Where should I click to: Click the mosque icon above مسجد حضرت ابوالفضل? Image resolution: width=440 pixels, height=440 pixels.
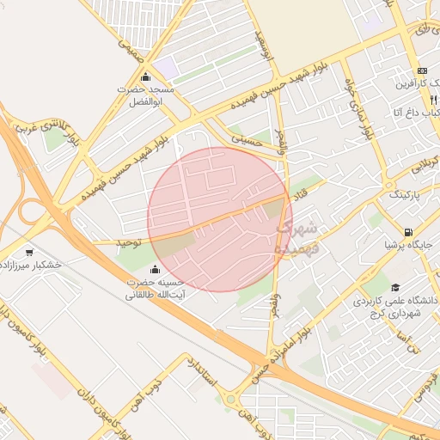(x=147, y=76)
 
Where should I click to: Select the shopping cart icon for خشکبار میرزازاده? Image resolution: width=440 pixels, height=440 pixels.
(x=30, y=253)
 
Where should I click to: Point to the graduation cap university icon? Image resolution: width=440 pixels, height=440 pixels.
(x=395, y=288)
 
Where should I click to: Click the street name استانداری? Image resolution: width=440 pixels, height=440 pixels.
(x=205, y=370)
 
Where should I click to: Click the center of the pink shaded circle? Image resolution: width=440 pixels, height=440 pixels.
(x=220, y=219)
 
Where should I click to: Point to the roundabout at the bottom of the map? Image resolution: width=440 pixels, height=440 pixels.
(x=230, y=399)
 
